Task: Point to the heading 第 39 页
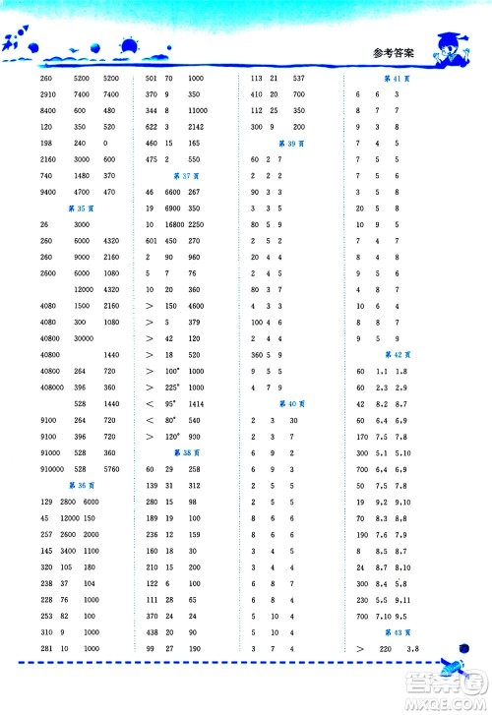pos(287,144)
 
